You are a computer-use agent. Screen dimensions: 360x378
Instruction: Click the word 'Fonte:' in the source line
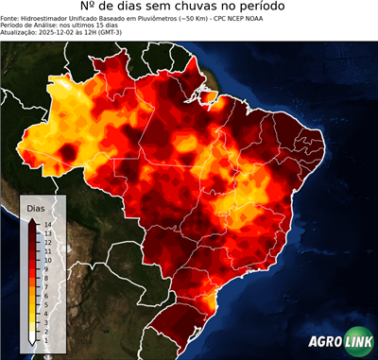coord(12,22)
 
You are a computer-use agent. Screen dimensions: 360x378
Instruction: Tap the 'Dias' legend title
coord(36,207)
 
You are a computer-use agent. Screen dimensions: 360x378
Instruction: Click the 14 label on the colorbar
coord(46,224)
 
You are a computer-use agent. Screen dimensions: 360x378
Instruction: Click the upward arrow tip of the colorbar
coord(32,219)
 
